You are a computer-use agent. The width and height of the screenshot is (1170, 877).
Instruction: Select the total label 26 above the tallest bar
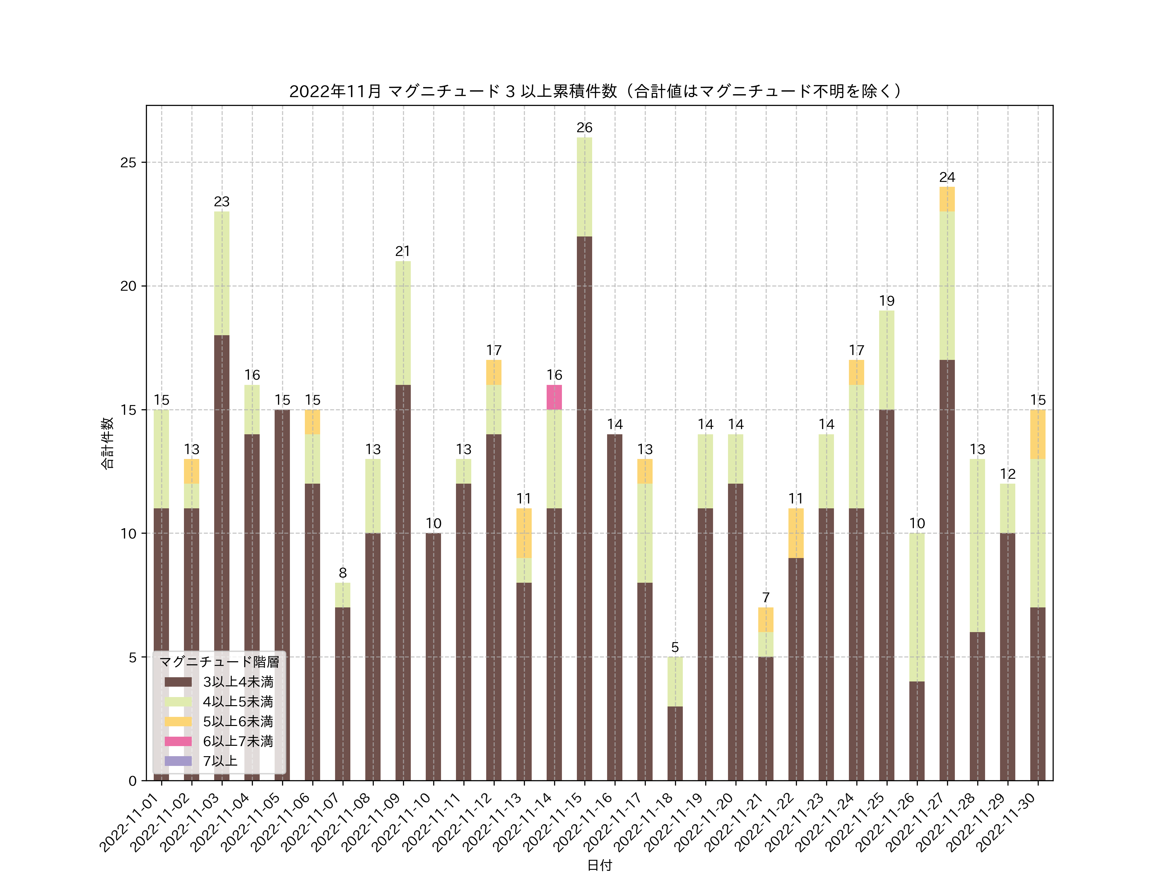[584, 127]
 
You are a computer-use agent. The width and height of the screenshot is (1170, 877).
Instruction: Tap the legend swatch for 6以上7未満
[178, 741]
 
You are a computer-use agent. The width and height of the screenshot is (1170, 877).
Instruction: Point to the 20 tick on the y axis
[128, 286]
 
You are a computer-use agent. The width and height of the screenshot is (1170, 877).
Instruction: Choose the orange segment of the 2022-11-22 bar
[796, 533]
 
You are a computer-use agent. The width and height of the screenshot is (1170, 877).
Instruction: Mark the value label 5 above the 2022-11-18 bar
[675, 647]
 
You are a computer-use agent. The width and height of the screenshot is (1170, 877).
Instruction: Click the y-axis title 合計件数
[107, 443]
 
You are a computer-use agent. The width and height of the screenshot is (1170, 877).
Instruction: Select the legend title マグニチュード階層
[219, 662]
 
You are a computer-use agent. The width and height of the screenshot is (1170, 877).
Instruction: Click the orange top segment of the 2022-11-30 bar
[1038, 434]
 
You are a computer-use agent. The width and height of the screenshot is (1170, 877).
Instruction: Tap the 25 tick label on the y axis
[128, 162]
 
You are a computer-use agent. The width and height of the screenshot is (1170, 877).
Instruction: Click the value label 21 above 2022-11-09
[403, 251]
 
